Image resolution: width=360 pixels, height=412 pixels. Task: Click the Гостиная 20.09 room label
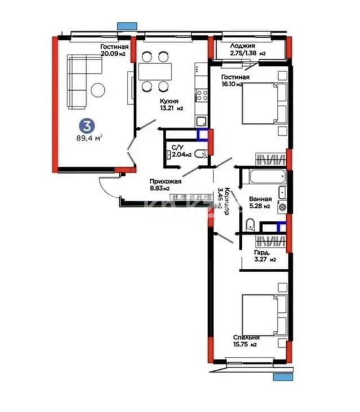point(114,51)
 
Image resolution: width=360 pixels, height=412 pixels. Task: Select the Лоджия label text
point(243,50)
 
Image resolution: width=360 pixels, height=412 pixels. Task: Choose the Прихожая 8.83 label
point(161,185)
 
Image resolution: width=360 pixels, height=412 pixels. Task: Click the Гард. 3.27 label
point(265,256)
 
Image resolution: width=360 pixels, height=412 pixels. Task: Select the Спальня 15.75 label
point(245,341)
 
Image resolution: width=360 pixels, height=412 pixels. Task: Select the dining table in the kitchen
point(155,72)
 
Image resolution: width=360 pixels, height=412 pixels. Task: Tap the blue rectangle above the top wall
point(127,25)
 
